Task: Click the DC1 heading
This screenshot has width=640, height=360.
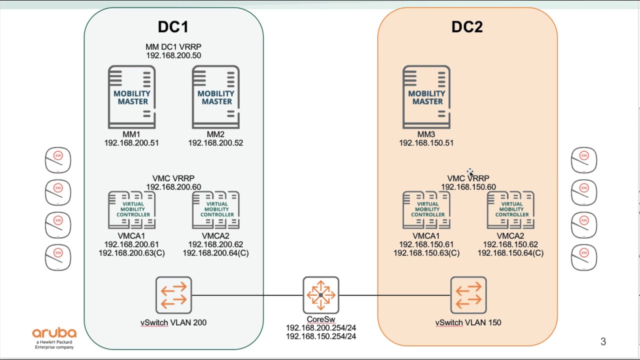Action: [x=173, y=27]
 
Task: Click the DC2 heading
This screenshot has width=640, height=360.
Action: [x=467, y=27]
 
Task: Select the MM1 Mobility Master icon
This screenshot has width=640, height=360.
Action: [x=131, y=97]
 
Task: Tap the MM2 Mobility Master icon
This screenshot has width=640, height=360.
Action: [x=215, y=97]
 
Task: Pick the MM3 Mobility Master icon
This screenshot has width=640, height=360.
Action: [x=426, y=97]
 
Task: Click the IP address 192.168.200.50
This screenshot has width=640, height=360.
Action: [x=173, y=55]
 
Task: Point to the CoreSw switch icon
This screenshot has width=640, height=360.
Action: [x=320, y=295]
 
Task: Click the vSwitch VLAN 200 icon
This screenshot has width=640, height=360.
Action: [x=173, y=295]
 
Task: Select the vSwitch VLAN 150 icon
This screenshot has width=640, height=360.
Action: [x=468, y=295]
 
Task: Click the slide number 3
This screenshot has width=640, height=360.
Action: [x=603, y=341]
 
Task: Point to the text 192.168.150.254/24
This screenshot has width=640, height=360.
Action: [x=320, y=336]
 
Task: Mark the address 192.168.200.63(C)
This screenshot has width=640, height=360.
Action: [x=131, y=253]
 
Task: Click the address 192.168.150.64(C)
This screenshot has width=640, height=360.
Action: [x=510, y=253]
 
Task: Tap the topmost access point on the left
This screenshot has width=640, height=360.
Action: [x=58, y=160]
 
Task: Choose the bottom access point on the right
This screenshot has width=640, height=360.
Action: [x=584, y=257]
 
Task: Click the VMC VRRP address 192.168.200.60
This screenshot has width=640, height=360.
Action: [x=173, y=187]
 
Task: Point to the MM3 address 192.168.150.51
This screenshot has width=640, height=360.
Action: [x=426, y=143]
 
